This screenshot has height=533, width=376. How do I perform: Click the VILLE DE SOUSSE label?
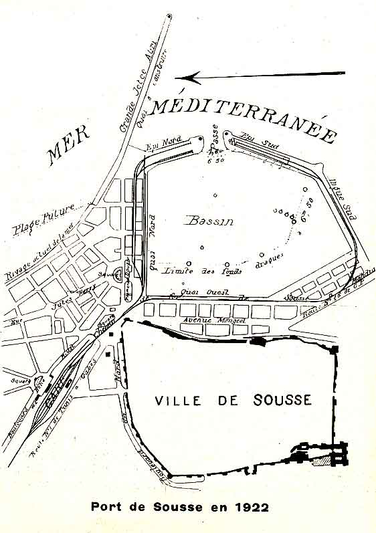tap(233, 401)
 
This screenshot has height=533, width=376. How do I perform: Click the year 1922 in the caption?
tap(252, 507)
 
